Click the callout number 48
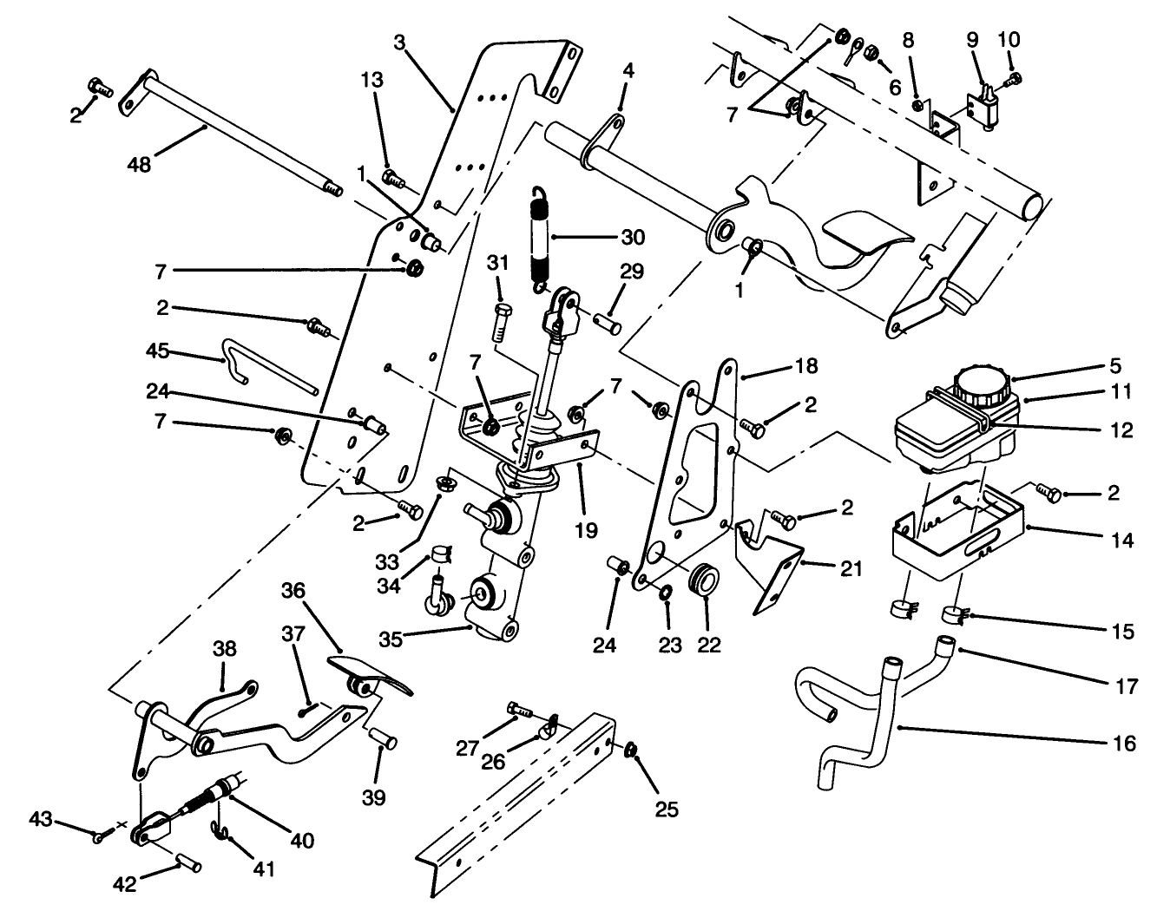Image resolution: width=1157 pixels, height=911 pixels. (138, 163)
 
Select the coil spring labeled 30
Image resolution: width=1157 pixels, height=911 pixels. (541, 239)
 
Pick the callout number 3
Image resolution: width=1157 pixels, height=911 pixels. (398, 41)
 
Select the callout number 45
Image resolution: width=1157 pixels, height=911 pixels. (157, 352)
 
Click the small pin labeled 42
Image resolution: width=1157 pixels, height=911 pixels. (190, 864)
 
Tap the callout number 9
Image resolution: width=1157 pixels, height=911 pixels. (972, 40)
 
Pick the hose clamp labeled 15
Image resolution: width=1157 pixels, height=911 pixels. (954, 617)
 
